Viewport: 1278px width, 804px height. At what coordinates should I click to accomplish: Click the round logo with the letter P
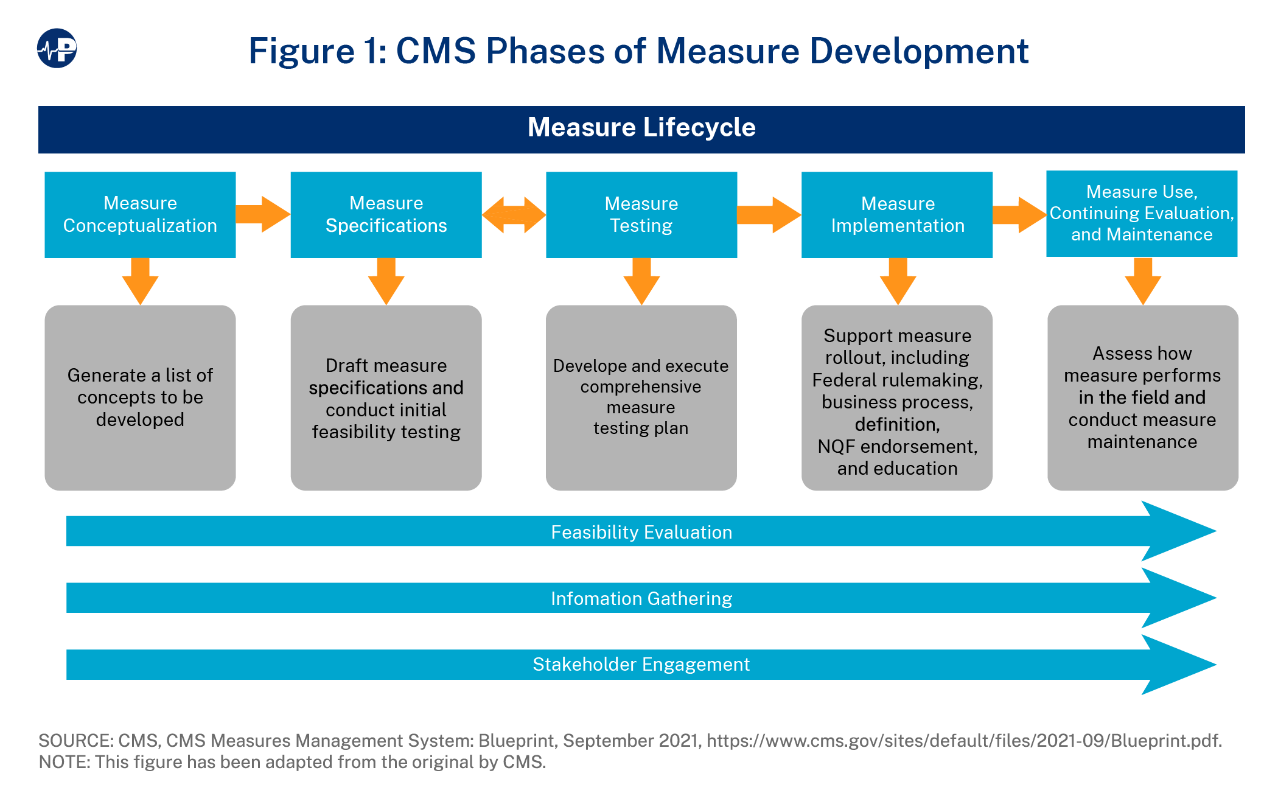[57, 49]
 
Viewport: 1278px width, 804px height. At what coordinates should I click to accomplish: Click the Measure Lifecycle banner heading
[641, 128]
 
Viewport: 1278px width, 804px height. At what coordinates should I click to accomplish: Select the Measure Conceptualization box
[140, 214]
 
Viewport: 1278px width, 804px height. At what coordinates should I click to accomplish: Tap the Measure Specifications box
[386, 214]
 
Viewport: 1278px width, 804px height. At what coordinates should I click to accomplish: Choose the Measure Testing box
[641, 214]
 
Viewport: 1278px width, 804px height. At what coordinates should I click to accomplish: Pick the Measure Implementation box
[896, 214]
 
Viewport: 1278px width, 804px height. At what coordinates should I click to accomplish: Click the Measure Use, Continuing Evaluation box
[1141, 213]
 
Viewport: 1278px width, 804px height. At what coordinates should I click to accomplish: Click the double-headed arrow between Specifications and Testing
[514, 215]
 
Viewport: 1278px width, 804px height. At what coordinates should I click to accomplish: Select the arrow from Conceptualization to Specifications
[262, 214]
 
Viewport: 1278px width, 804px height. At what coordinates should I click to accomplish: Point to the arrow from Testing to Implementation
[769, 215]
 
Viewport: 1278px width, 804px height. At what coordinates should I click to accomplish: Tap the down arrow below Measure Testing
[641, 281]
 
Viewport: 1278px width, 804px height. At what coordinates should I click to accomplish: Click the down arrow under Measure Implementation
[898, 281]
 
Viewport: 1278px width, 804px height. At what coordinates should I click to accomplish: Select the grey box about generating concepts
[140, 397]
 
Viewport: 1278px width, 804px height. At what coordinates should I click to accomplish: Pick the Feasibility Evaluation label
[641, 533]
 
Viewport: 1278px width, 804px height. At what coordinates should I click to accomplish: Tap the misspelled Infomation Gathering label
[641, 599]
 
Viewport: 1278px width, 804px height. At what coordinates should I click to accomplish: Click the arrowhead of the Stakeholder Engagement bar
[1178, 665]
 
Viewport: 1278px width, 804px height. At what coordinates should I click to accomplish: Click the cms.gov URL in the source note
[963, 741]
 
